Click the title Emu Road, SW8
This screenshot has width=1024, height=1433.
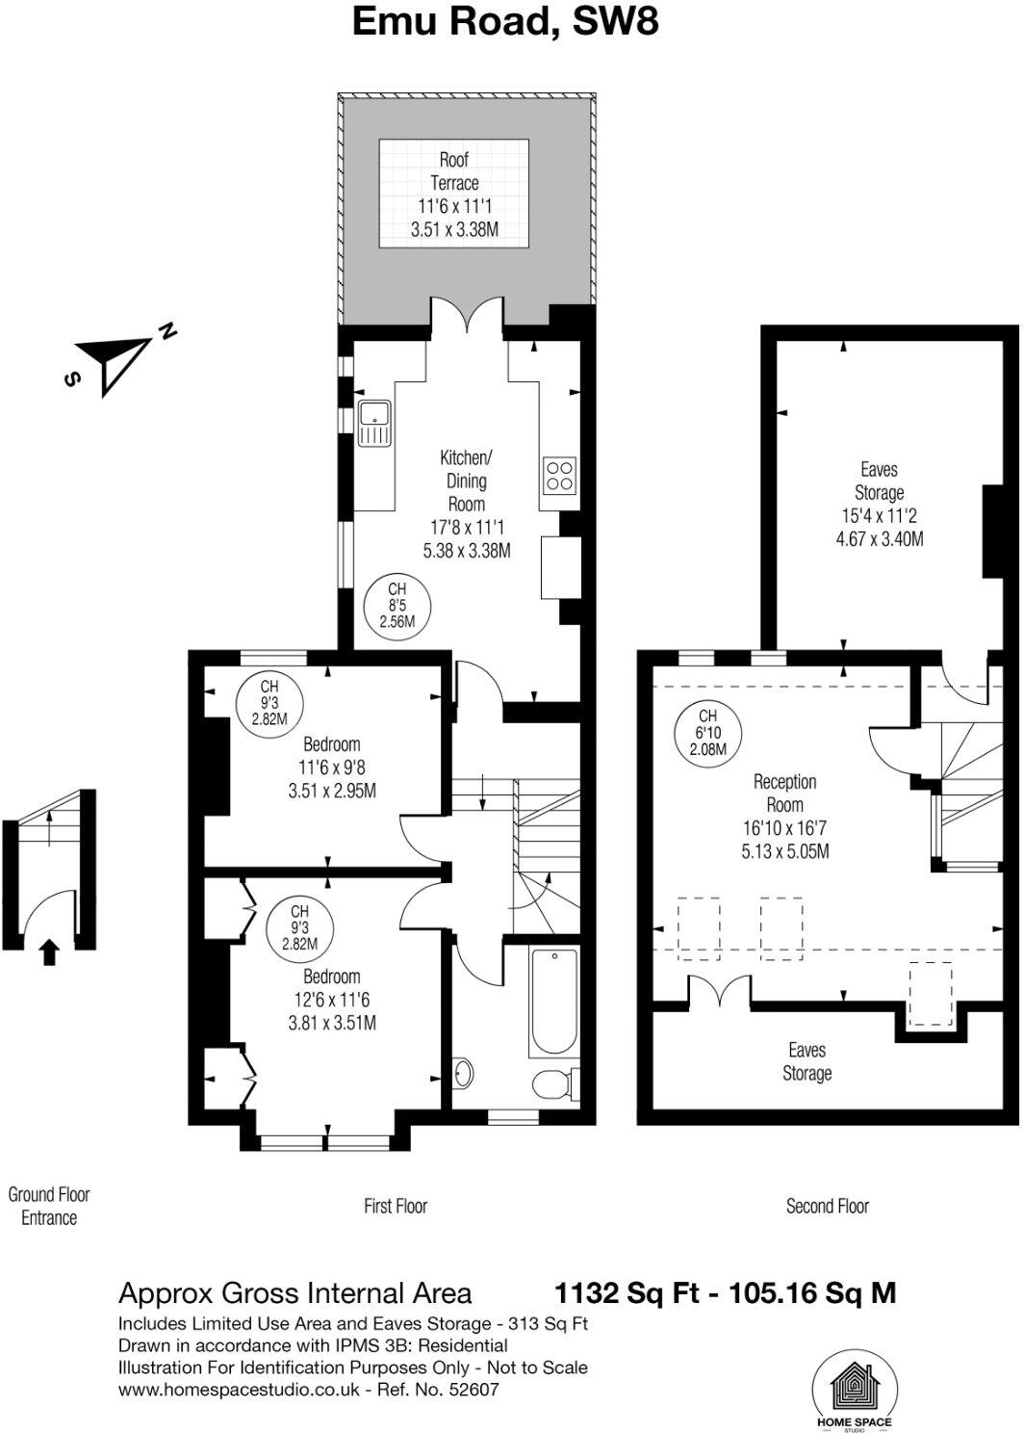505,21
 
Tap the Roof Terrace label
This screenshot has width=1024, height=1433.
454,171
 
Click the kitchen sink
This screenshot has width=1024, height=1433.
373,425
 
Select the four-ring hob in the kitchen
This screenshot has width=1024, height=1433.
559,473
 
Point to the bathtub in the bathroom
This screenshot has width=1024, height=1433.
552,1003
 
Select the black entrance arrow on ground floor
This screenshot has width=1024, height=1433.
49,952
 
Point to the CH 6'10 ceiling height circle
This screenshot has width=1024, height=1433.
707,732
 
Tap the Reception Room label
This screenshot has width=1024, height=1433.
785,793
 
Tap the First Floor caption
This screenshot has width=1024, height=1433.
396,1206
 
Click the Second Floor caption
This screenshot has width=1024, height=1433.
828,1206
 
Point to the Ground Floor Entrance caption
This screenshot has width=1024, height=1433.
49,1206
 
